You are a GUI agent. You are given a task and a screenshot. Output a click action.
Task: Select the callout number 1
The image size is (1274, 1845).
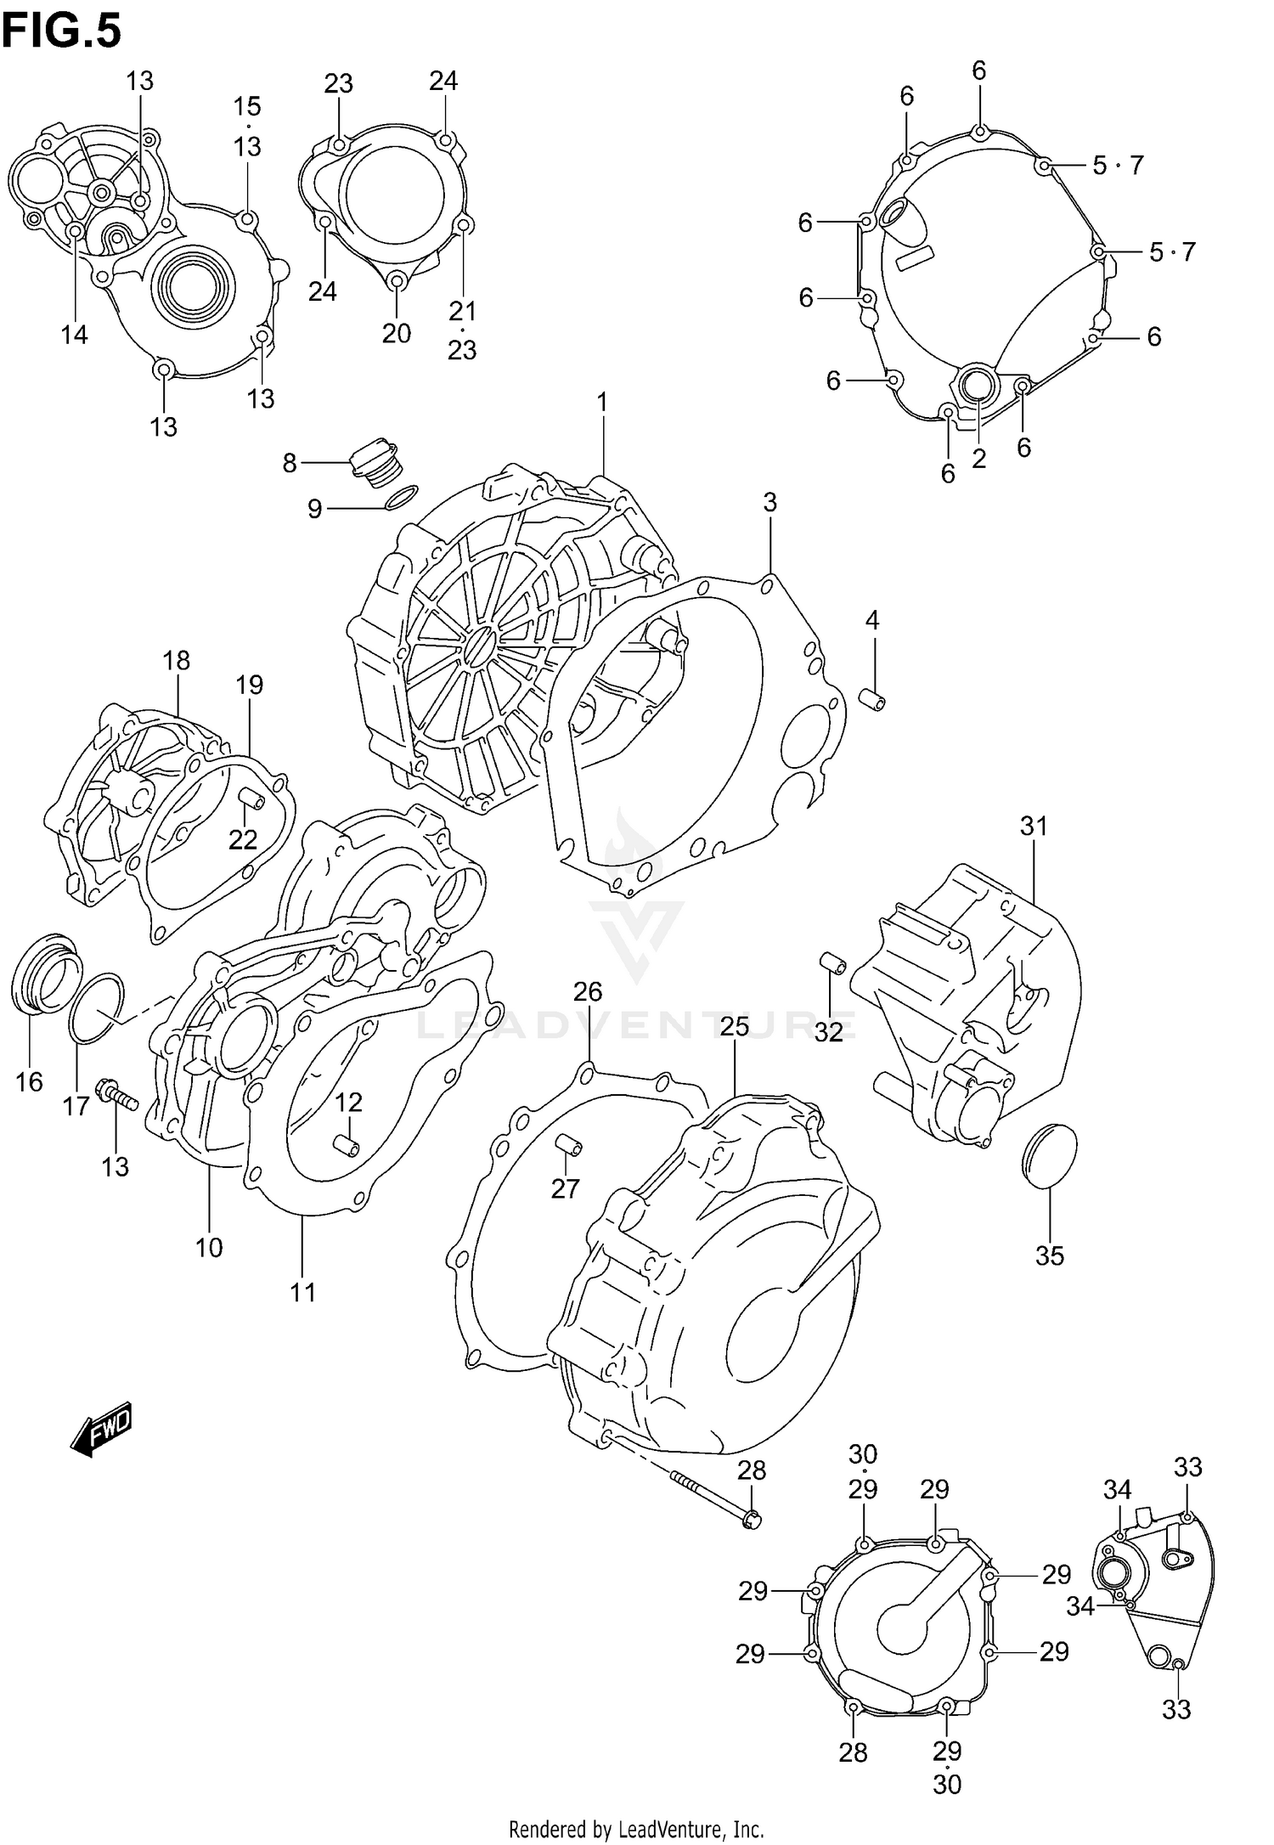[602, 402]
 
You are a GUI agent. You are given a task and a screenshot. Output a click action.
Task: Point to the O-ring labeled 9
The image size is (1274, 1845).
[401, 497]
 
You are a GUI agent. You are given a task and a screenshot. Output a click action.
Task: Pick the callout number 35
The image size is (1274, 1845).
[1050, 1255]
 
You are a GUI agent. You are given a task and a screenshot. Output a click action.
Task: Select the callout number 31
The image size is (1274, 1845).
[1034, 826]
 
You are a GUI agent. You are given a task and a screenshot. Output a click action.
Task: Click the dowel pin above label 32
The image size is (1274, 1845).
[831, 965]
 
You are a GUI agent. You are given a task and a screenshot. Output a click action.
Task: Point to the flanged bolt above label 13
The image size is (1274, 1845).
[116, 1097]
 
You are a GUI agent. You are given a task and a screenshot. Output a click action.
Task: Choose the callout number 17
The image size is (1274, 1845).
[76, 1106]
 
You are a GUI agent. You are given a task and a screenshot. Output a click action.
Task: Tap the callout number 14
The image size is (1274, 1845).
[74, 335]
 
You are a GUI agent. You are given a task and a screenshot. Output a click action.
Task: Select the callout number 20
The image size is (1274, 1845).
[397, 333]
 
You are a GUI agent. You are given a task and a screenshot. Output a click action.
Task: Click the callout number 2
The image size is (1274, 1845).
[978, 459]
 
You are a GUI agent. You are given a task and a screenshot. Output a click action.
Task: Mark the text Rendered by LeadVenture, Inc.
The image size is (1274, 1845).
[636, 1829]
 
